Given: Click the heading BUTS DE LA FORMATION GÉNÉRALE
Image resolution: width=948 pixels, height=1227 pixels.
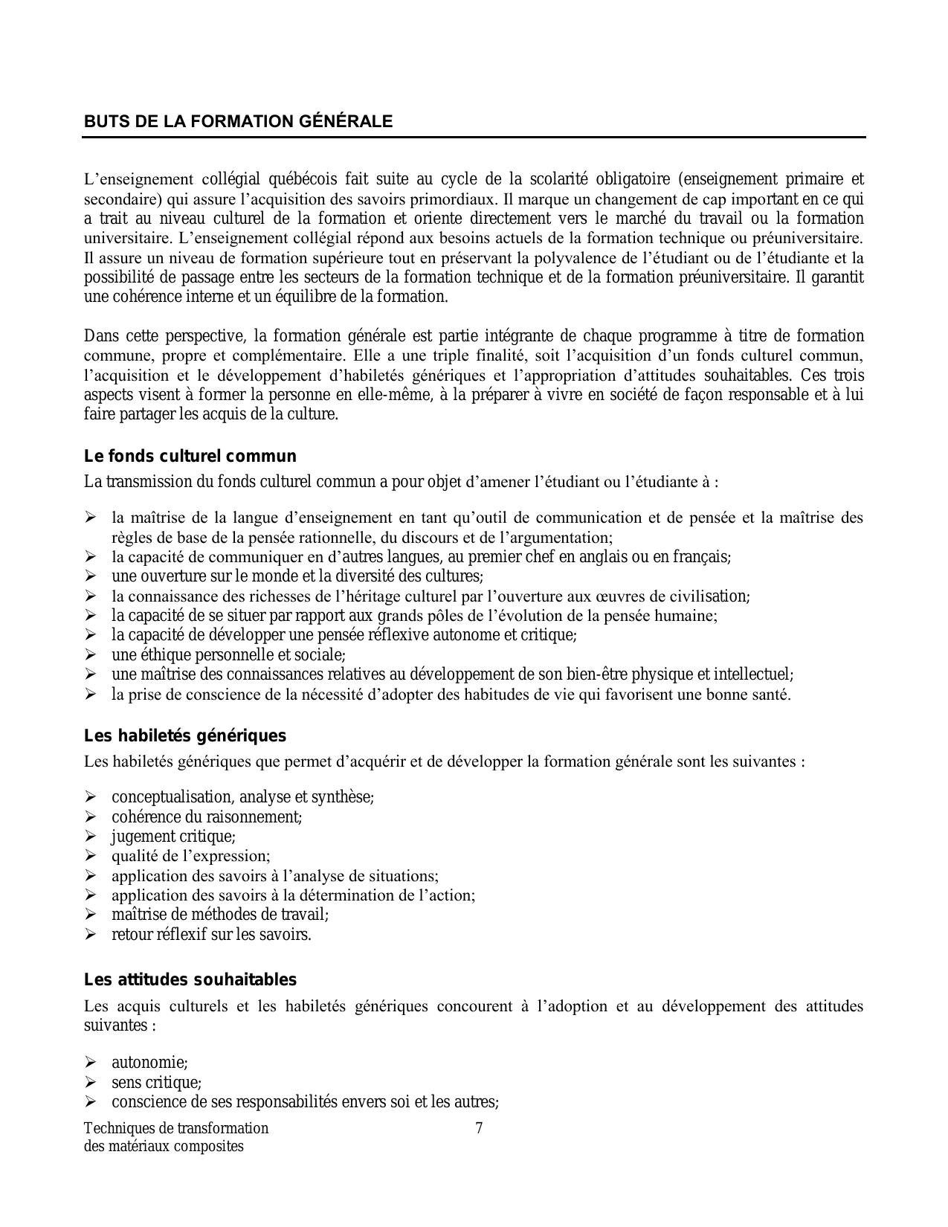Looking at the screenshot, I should point(238,122).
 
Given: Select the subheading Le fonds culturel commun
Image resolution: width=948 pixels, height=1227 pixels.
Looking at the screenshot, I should point(190,457).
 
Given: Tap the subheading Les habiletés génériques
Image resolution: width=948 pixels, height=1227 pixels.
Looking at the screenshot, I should point(185,736).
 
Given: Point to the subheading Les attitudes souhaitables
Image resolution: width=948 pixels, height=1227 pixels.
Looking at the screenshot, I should point(190,980).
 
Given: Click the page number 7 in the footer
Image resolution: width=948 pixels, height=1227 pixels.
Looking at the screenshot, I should point(479,1128).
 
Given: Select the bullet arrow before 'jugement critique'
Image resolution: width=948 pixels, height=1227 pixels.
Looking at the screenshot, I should point(91,837).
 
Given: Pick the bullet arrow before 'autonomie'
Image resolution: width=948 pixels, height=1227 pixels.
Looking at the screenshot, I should point(91,1063).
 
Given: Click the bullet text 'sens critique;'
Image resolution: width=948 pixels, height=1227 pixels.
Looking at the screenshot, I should point(156,1083).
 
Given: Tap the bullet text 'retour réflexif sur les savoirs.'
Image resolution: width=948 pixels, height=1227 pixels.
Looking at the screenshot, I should point(211,935).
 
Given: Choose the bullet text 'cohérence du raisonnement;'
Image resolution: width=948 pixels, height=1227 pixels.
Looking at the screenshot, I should point(207,817).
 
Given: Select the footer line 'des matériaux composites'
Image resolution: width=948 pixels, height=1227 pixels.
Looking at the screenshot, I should point(164,1146).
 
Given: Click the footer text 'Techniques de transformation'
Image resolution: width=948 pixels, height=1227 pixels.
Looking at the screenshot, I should point(176,1128).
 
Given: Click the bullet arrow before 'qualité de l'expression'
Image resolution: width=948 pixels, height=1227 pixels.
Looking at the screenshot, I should point(91,856).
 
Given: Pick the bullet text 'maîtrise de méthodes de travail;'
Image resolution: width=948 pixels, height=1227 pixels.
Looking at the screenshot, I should point(220,915).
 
